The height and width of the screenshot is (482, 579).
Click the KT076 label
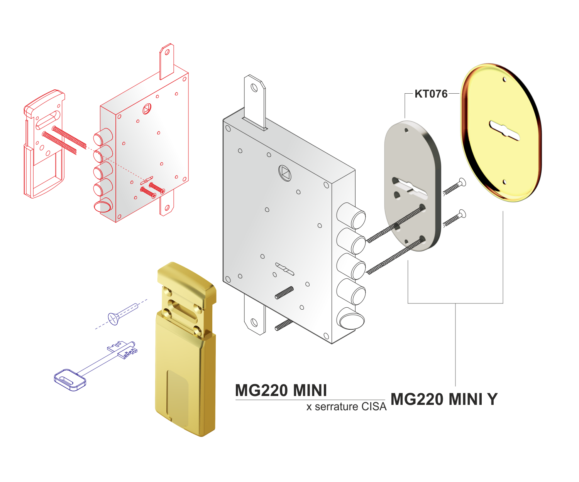click(x=431, y=94)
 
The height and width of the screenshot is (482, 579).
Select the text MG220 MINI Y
click(x=444, y=399)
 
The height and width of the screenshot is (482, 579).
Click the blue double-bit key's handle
click(x=70, y=380)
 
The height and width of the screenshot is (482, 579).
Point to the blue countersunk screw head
click(x=114, y=319)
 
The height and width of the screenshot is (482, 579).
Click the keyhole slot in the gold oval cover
click(x=504, y=130)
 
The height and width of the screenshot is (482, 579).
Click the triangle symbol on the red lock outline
click(x=147, y=109)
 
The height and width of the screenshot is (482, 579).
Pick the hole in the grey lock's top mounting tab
click(x=254, y=88)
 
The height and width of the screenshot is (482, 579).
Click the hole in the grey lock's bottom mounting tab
click(x=254, y=322)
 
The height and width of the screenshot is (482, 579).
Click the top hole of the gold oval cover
click(x=505, y=80)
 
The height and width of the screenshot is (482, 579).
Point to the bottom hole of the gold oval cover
click(x=505, y=182)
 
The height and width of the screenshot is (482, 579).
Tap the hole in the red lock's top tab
click(x=167, y=52)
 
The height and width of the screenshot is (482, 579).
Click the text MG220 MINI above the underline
click(x=281, y=390)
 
